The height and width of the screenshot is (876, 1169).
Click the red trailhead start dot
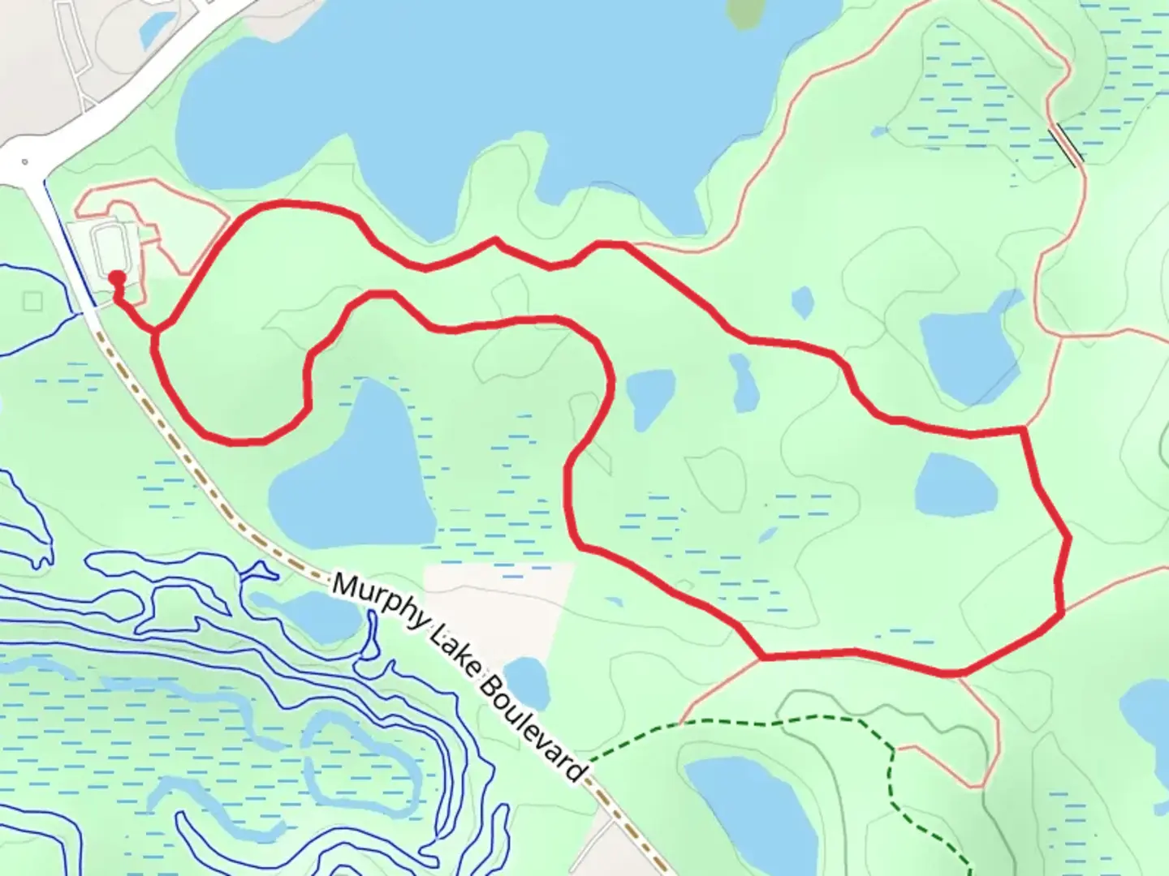click(117, 278)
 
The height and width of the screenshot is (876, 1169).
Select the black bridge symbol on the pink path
click(1065, 146)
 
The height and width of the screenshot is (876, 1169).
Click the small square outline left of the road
click(32, 301)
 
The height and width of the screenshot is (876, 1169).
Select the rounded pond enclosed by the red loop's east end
click(955, 484)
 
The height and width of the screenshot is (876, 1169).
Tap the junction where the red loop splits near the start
click(154, 331)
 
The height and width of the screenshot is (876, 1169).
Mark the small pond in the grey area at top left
click(153, 29)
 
